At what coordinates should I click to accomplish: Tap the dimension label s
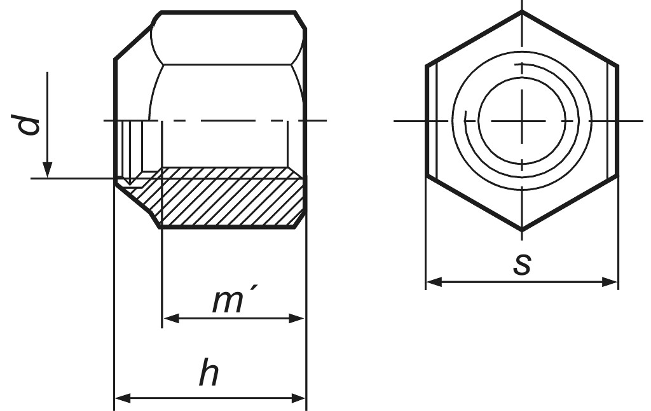pos(521,264)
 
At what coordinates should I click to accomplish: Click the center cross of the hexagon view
pos(522,121)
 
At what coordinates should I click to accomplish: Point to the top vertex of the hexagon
pos(522,11)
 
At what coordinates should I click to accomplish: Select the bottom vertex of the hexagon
pos(522,230)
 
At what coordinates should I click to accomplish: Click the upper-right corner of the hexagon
pos(618,65)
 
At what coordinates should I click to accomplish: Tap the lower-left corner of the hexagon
pos(426,176)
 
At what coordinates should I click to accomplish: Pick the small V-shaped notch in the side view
pos(130,182)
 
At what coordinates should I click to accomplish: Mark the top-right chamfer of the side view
pos(301,20)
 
